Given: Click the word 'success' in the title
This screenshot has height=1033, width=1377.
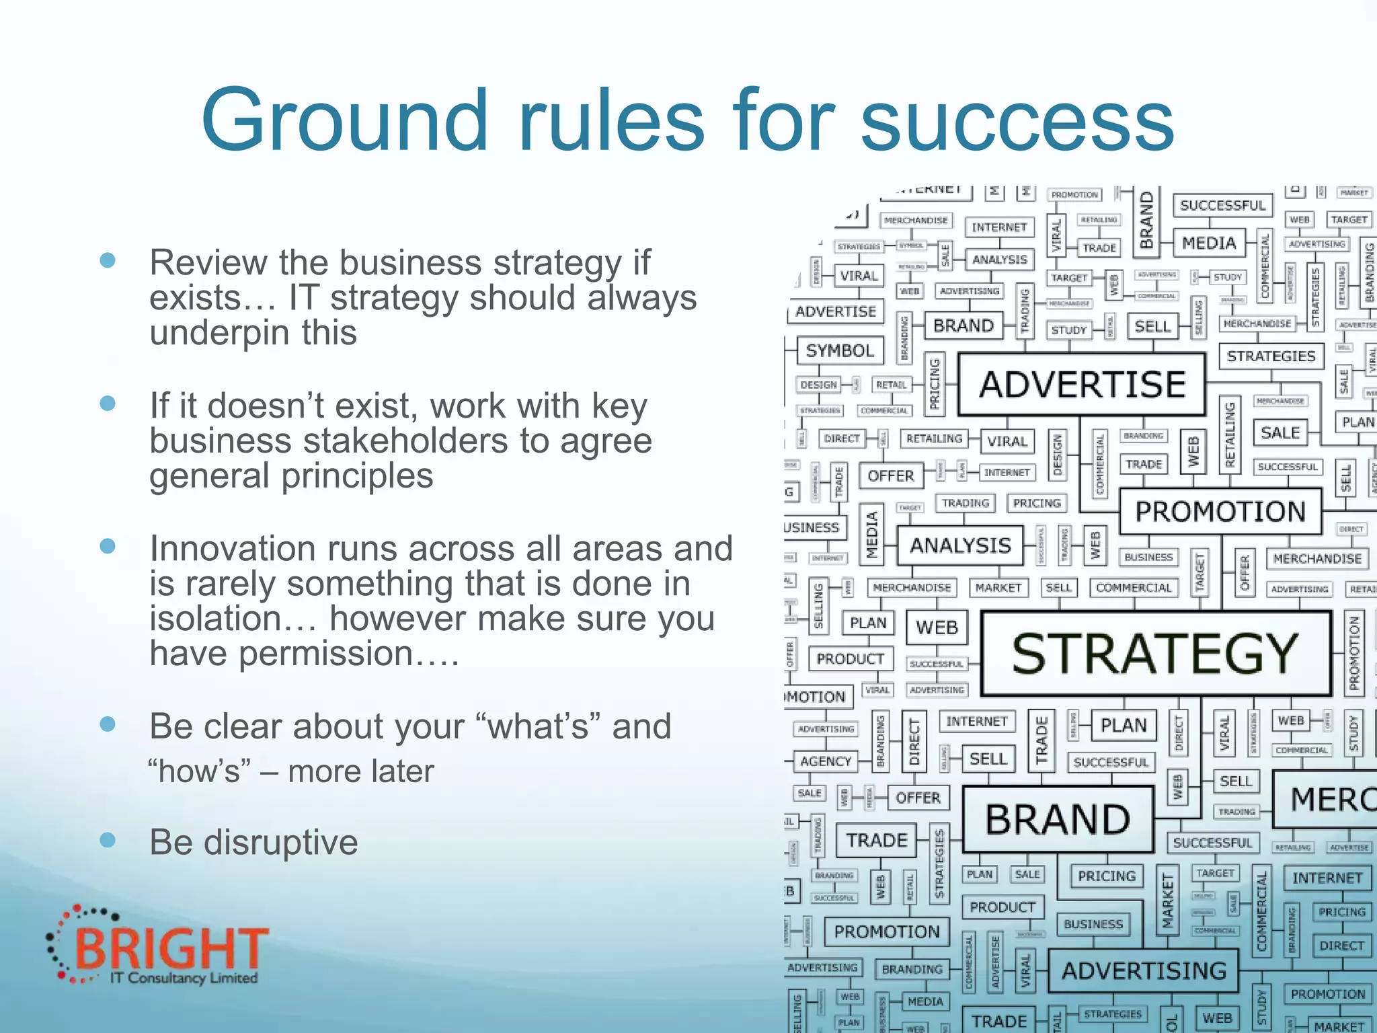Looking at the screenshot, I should [x=1017, y=121].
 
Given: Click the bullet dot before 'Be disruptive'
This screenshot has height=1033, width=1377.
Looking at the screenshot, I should [x=108, y=839].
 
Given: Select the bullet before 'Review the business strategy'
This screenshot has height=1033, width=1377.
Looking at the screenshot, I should [x=108, y=260].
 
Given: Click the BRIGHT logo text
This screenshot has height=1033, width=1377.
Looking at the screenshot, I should [x=171, y=948].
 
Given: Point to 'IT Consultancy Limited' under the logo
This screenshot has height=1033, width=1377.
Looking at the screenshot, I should [x=184, y=978].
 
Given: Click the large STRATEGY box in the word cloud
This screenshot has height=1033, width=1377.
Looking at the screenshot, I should [x=1155, y=653].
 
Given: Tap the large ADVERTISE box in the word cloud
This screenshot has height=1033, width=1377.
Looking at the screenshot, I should [x=1082, y=384].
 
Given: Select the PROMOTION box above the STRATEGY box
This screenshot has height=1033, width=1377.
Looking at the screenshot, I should [x=1220, y=512].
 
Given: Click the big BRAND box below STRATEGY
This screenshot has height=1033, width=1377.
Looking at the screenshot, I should [x=1058, y=819].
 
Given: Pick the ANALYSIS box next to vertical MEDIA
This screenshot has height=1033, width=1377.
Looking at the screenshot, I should [x=960, y=545].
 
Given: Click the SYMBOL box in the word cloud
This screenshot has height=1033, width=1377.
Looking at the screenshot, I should [x=840, y=350].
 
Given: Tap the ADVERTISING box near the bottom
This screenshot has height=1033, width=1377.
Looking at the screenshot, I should [x=1144, y=970].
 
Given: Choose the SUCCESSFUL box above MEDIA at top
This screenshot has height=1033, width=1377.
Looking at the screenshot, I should [x=1222, y=205].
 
